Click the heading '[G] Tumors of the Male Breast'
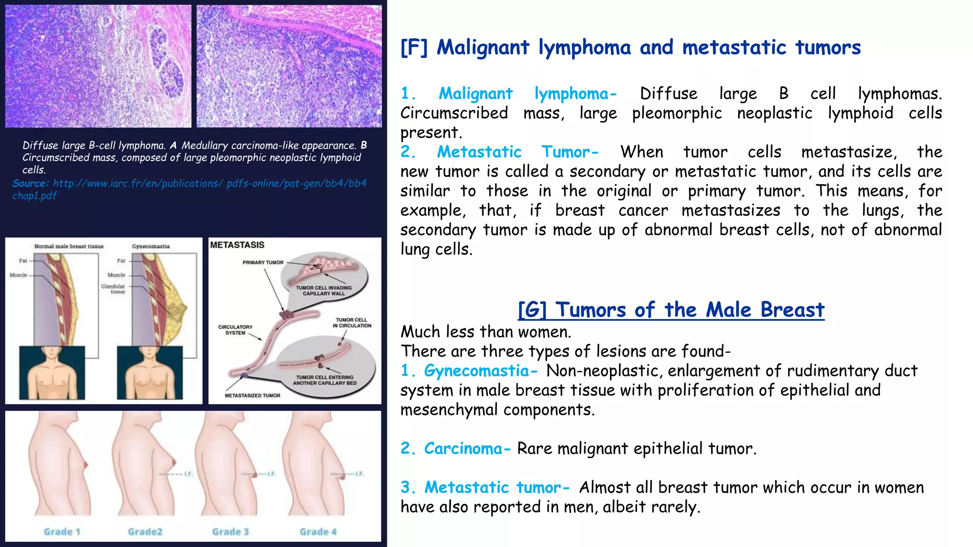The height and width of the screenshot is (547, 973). pyautogui.click(x=671, y=310)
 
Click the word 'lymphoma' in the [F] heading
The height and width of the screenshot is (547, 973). pyautogui.click(x=584, y=47)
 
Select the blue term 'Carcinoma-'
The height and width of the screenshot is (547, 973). pyautogui.click(x=467, y=449)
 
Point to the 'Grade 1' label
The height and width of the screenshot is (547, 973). pyautogui.click(x=62, y=532)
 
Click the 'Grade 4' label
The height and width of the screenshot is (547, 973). pyautogui.click(x=318, y=532)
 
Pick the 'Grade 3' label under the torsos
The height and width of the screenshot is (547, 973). pyautogui.click(x=230, y=532)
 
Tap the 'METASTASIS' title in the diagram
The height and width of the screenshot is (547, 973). pyautogui.click(x=237, y=245)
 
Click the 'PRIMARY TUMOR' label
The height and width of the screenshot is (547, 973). pyautogui.click(x=263, y=263)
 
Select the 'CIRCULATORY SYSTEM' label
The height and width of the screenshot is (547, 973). pyautogui.click(x=235, y=330)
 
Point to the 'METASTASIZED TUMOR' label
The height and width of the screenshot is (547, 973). pyautogui.click(x=252, y=396)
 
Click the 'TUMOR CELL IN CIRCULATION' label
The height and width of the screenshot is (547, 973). pyautogui.click(x=352, y=323)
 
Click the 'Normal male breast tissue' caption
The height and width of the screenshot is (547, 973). pyautogui.click(x=69, y=246)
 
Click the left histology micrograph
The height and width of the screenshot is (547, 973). pyautogui.click(x=98, y=66)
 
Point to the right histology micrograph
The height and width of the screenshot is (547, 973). pyautogui.click(x=289, y=66)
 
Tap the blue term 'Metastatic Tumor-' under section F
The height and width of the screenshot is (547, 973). pyautogui.click(x=517, y=152)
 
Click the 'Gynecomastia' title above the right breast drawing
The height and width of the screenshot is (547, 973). pyautogui.click(x=151, y=246)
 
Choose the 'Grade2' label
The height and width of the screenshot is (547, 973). pyautogui.click(x=145, y=532)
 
